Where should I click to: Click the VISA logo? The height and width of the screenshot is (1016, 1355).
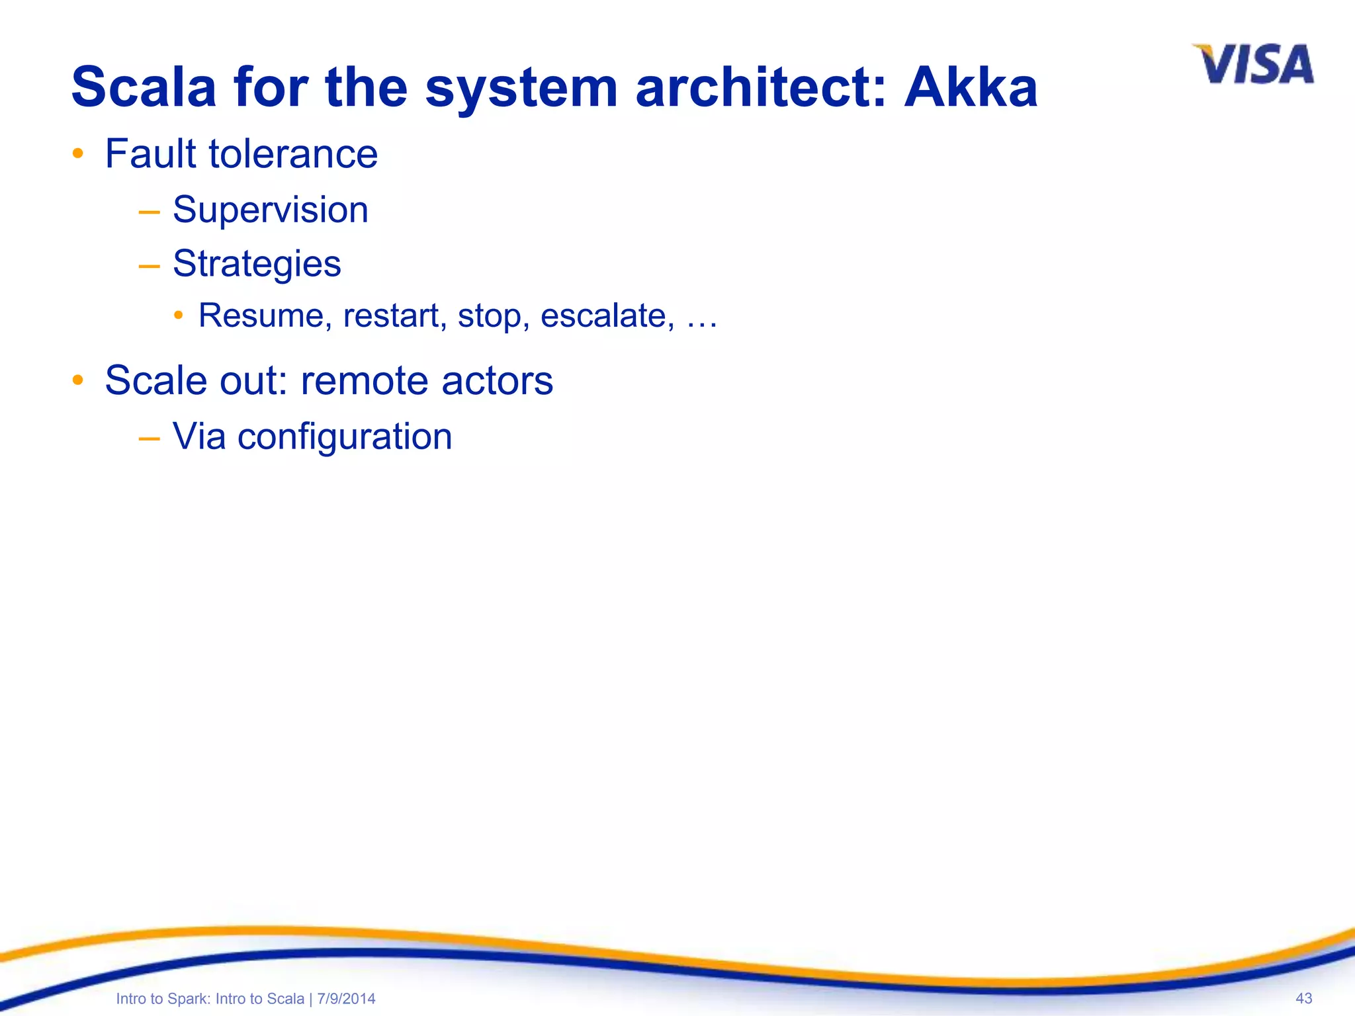(1254, 65)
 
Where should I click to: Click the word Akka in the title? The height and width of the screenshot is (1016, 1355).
(971, 87)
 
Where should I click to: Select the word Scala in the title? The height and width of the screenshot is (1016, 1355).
(144, 87)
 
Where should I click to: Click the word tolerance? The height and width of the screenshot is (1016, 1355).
(293, 153)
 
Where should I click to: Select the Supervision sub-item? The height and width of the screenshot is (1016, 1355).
(270, 210)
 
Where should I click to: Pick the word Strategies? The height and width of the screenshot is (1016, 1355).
(257, 265)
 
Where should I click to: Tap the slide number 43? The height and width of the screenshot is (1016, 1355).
(1303, 998)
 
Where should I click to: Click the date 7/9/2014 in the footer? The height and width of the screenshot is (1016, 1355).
(346, 999)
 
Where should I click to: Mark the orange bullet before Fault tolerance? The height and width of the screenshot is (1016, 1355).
(78, 154)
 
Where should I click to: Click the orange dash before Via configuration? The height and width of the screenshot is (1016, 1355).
(150, 439)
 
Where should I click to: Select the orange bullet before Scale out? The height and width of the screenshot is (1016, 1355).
(78, 380)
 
